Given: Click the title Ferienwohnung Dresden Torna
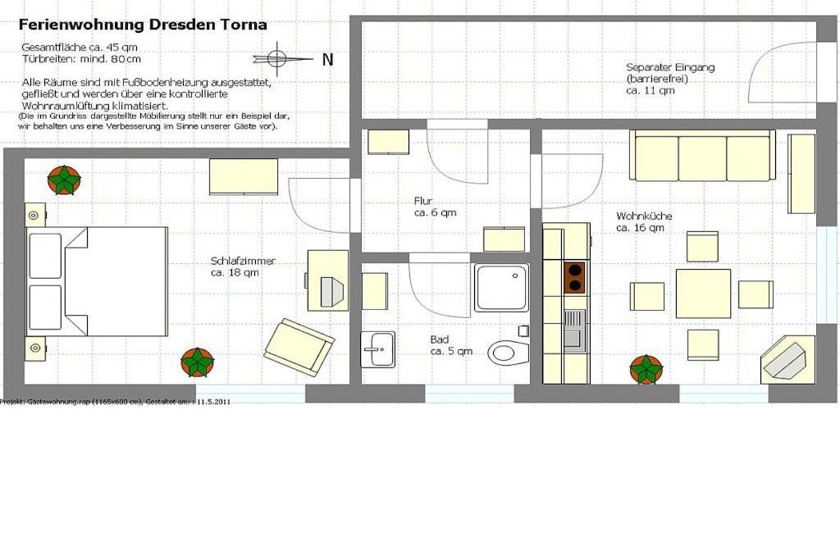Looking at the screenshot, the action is pos(143,25).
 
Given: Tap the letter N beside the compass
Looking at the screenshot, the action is pos(327,59).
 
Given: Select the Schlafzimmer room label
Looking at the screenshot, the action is pos(243,266).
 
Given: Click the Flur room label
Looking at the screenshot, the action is pos(435,207).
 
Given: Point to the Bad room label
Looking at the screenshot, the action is pos(451,345).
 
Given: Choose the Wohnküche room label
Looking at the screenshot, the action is pos(644,221).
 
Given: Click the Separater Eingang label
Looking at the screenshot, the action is pos(670,79).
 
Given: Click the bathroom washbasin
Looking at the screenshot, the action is pos(377,349).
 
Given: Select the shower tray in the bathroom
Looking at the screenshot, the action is pos(501,288).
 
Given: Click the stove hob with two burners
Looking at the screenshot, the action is pos(574,277).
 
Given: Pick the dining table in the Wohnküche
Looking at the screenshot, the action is pos(703,294).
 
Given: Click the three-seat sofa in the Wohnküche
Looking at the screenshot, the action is pos(702,155).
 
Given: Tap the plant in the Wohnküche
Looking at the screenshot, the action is pos(646,370).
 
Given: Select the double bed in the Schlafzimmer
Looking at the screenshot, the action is pos(97,281).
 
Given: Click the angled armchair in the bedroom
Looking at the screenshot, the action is pos(299,345).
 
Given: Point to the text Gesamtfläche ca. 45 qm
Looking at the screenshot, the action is pos(80,47).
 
